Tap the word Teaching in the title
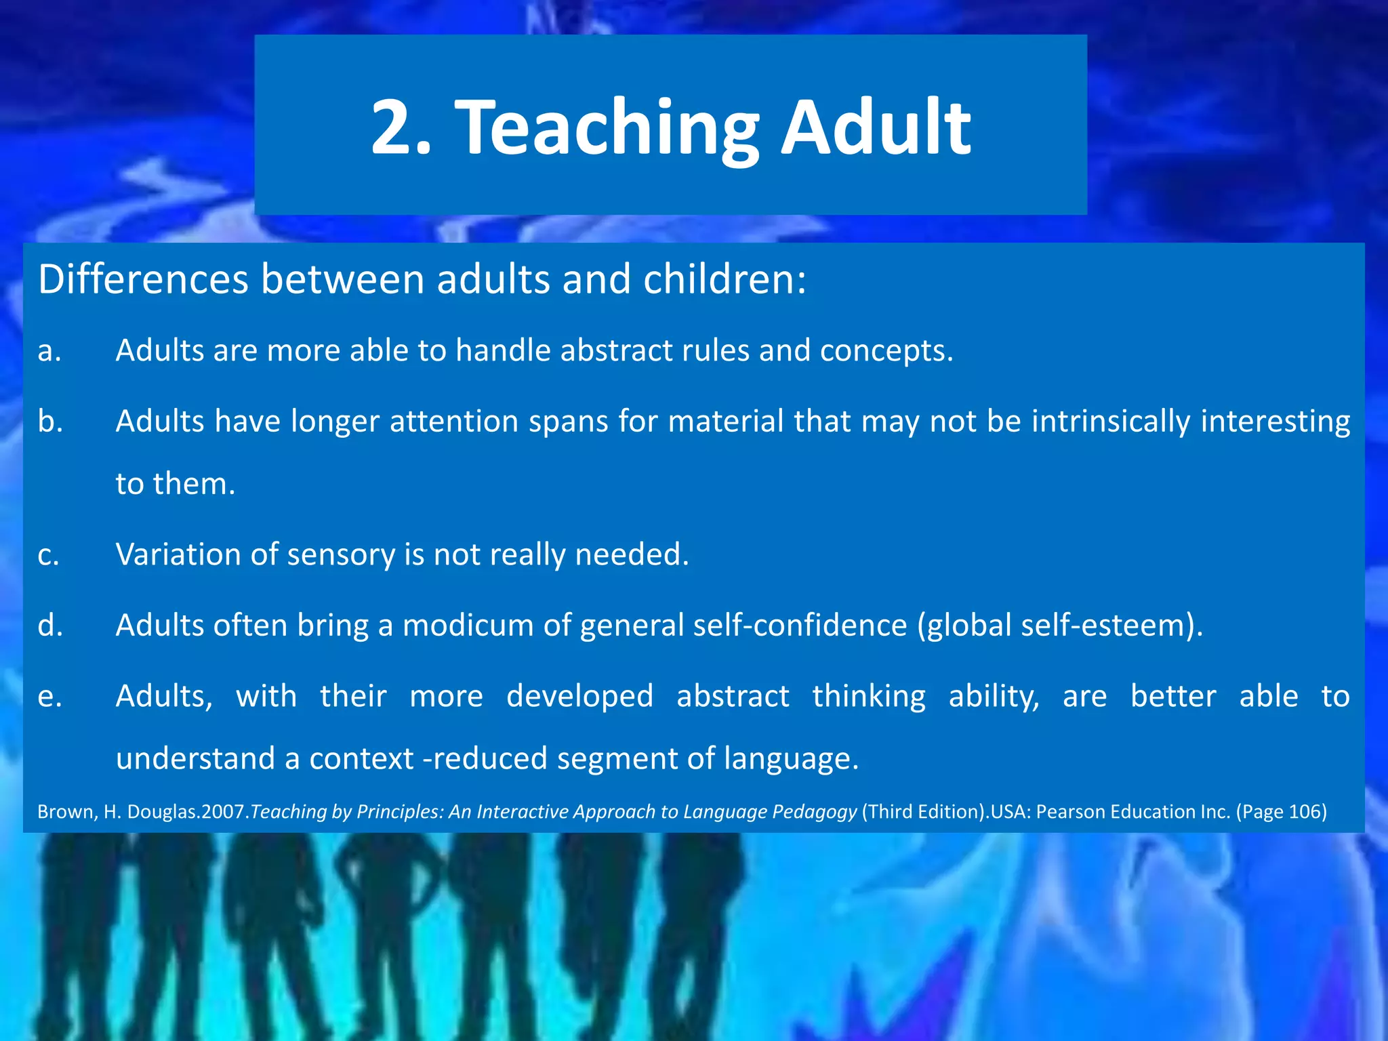pyautogui.click(x=607, y=129)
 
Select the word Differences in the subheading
pyautogui.click(x=143, y=279)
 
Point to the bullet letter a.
pyautogui.click(x=49, y=351)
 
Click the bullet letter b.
pyautogui.click(x=50, y=421)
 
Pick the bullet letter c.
pyautogui.click(x=48, y=555)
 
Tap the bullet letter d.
pyautogui.click(x=50, y=625)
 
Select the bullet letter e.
pyautogui.click(x=49, y=697)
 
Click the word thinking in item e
pyautogui.click(x=868, y=697)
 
